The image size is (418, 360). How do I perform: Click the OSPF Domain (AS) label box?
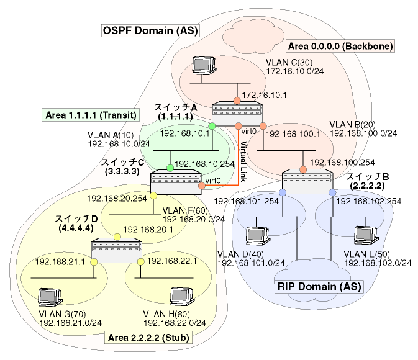pos(150,30)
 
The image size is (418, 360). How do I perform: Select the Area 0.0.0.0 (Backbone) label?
pos(340,46)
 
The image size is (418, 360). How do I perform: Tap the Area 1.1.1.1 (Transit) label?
pos(91,115)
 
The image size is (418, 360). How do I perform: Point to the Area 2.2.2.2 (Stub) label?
pos(148,338)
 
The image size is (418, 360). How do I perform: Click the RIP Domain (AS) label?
pos(319,287)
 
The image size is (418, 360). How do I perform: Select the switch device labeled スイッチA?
pos(237,114)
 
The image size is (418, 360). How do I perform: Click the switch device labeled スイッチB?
pos(307,181)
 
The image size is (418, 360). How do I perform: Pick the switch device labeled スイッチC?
pos(176,182)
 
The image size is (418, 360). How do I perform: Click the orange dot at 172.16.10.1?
pos(237,101)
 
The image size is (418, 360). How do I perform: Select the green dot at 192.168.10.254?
pos(170,168)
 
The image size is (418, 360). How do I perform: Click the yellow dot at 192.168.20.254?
pos(153,196)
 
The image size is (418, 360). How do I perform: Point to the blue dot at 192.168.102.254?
pos(332,192)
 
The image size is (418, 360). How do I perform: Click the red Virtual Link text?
pos(243,161)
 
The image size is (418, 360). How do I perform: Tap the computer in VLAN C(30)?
pos(204,65)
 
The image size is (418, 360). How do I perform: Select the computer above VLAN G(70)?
pos(50,297)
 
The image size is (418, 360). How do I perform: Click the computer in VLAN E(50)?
pos(365,235)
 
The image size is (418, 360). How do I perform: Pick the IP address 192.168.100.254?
pos(342,162)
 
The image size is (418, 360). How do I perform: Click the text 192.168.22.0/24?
pos(175,323)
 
